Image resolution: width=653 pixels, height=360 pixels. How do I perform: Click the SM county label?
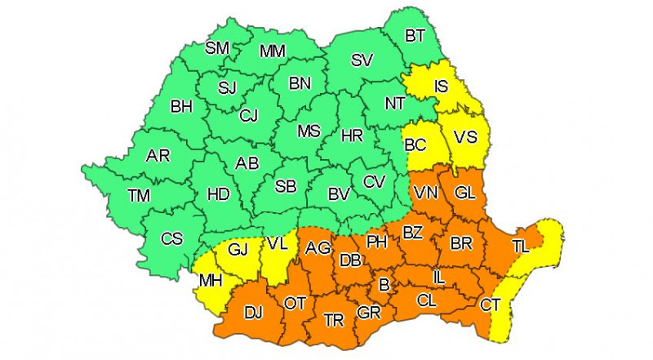[217, 48]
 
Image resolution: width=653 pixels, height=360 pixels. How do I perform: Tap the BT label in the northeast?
[415, 35]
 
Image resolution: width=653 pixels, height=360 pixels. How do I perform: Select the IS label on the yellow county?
[441, 86]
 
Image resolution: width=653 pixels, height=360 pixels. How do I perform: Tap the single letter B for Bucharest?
[384, 285]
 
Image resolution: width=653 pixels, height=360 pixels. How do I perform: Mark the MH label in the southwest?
[211, 282]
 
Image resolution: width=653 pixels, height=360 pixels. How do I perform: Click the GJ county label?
[238, 250]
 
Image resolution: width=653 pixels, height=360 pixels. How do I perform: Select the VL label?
[278, 243]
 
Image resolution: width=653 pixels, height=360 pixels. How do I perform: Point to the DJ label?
[254, 312]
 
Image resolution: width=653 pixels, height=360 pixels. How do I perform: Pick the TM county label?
[140, 195]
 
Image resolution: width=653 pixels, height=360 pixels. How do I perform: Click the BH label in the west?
[180, 105]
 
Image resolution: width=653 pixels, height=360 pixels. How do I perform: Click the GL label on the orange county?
[465, 193]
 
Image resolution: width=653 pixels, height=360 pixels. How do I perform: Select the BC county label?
[416, 144]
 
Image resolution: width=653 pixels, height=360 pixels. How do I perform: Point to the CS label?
[172, 239]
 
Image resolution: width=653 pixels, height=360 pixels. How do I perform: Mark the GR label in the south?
[368, 313]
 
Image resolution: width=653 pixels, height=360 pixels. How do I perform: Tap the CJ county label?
[249, 116]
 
